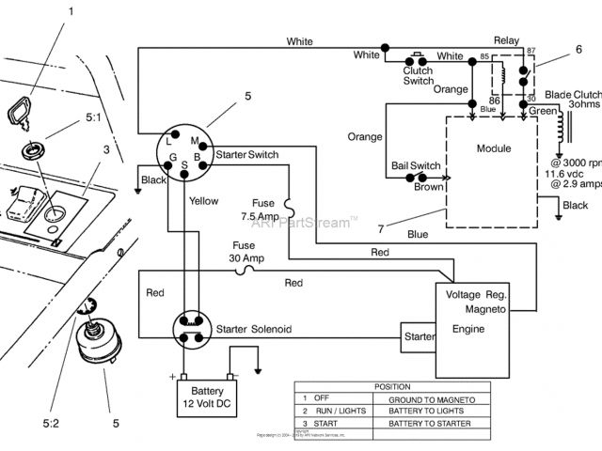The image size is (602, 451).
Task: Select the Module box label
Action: [x=494, y=148]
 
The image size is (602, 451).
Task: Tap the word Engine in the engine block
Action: [x=467, y=329]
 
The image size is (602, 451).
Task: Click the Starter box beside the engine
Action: [x=418, y=335]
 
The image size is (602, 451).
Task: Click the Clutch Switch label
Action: [x=419, y=75]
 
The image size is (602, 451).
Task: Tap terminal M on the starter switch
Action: [x=193, y=140]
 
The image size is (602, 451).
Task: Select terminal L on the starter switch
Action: [x=169, y=141]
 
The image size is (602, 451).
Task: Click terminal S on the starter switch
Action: [x=185, y=166]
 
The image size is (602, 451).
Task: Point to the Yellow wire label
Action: [x=203, y=201]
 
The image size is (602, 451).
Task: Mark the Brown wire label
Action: [x=429, y=186]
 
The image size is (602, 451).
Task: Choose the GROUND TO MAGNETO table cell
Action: [x=431, y=398]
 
